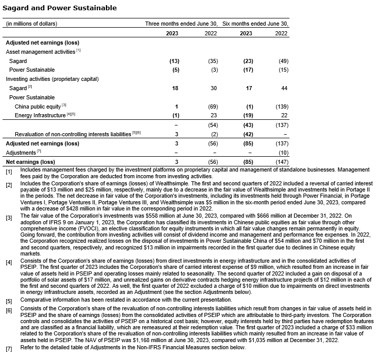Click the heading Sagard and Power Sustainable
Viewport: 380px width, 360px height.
(59, 8)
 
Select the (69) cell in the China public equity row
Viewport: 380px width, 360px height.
(212, 107)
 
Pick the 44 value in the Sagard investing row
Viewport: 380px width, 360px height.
(284, 88)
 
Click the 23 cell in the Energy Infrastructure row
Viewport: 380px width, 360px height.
(214, 116)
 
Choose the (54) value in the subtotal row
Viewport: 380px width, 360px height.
(212, 125)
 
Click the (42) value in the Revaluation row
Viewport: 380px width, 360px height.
(246, 134)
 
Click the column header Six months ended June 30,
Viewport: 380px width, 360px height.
(256, 24)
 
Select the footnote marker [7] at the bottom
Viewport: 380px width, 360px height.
(9, 348)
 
